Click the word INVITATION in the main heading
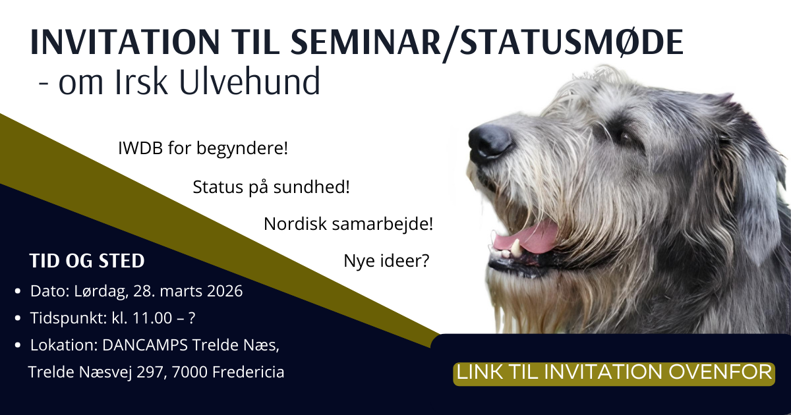[125, 42]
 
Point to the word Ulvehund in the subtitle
[250, 81]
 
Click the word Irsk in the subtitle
[141, 81]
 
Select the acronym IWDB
[140, 148]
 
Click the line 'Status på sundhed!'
[271, 187]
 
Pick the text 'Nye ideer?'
[386, 261]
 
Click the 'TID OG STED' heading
[87, 261]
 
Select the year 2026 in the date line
[225, 291]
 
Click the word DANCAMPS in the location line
[145, 345]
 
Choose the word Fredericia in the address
[249, 372]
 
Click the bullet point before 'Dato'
[18, 291]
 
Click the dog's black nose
[490, 142]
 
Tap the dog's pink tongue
[526, 237]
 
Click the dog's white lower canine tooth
[516, 247]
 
